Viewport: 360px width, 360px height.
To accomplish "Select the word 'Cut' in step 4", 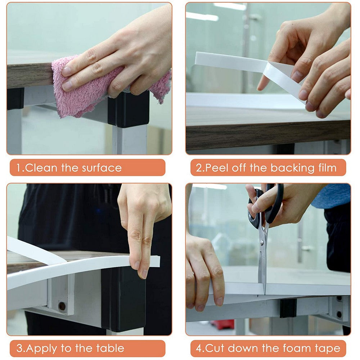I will (x=215, y=348).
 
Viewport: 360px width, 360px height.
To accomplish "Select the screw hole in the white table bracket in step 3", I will (x=62, y=306).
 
